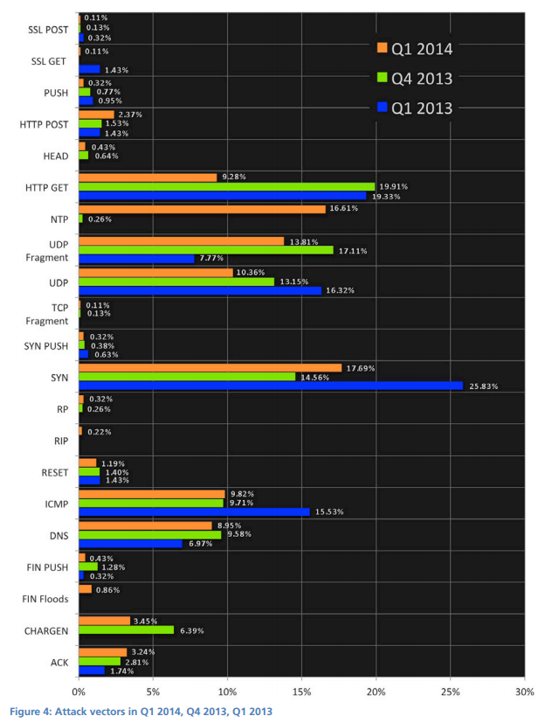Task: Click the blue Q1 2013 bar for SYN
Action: click(x=271, y=386)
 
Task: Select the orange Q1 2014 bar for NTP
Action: click(x=202, y=209)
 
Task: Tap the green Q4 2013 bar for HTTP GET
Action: click(x=226, y=186)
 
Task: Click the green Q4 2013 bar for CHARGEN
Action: click(x=127, y=629)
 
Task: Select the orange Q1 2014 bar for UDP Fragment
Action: click(x=181, y=240)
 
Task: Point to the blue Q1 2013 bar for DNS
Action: click(x=130, y=543)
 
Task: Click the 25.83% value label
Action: click(x=482, y=386)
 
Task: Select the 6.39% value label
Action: click(x=193, y=629)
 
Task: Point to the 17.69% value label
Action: click(x=360, y=367)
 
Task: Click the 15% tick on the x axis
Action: click(x=302, y=690)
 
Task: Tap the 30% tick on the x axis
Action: click(x=524, y=690)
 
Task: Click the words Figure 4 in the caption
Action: click(x=34, y=711)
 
